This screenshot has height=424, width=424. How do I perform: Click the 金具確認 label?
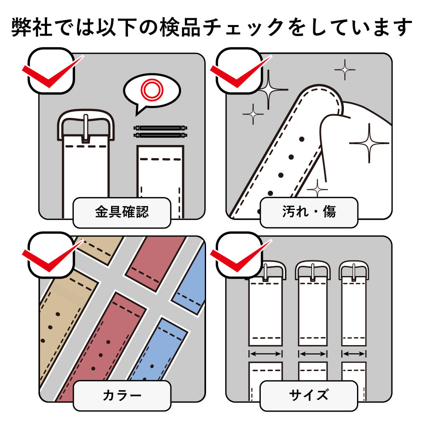click(122, 212)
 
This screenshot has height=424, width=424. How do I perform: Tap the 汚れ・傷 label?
click(309, 212)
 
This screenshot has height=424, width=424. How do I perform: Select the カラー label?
click(122, 396)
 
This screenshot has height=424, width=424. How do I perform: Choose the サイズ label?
click(309, 396)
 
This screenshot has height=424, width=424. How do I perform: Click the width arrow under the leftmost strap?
click(265, 354)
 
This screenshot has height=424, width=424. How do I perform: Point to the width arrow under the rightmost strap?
click(354, 354)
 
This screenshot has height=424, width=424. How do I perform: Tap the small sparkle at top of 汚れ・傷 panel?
click(345, 69)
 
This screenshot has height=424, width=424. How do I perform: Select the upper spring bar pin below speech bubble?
click(160, 128)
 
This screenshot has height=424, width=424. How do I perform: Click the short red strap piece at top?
click(156, 263)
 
